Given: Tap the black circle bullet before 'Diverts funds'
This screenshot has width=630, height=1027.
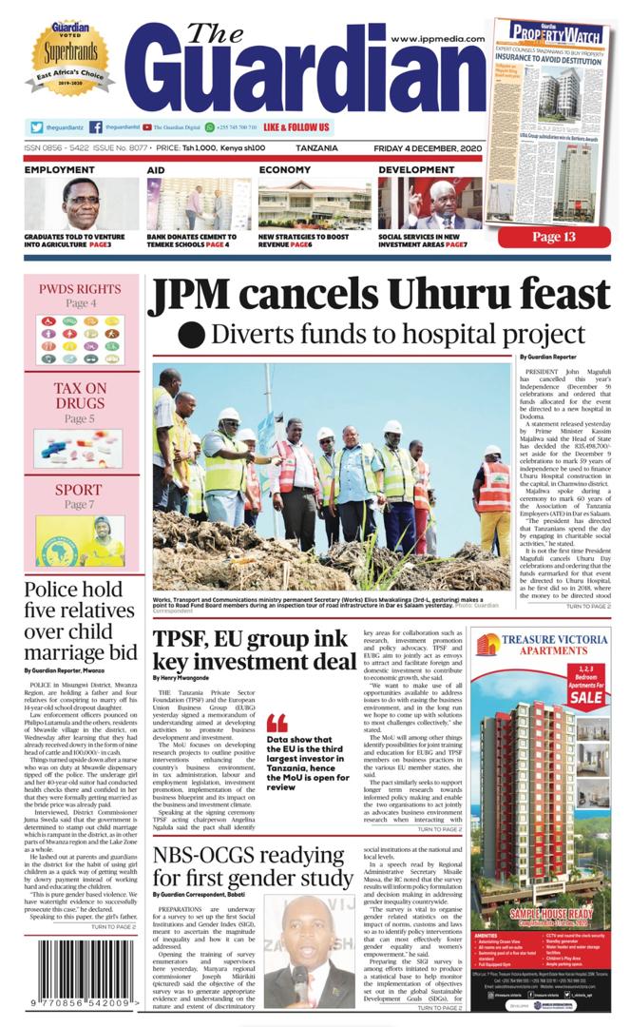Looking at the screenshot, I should [192, 335].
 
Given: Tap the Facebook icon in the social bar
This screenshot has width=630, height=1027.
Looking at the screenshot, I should [97, 127].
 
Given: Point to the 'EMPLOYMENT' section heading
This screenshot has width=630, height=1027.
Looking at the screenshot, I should [60, 170].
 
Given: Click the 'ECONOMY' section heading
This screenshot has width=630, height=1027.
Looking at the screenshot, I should [285, 170].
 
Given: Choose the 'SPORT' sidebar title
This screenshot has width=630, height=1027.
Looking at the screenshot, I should [79, 491].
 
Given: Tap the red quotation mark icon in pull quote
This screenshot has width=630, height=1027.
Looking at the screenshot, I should [277, 722].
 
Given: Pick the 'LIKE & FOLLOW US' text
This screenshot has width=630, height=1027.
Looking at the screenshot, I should [296, 127].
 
